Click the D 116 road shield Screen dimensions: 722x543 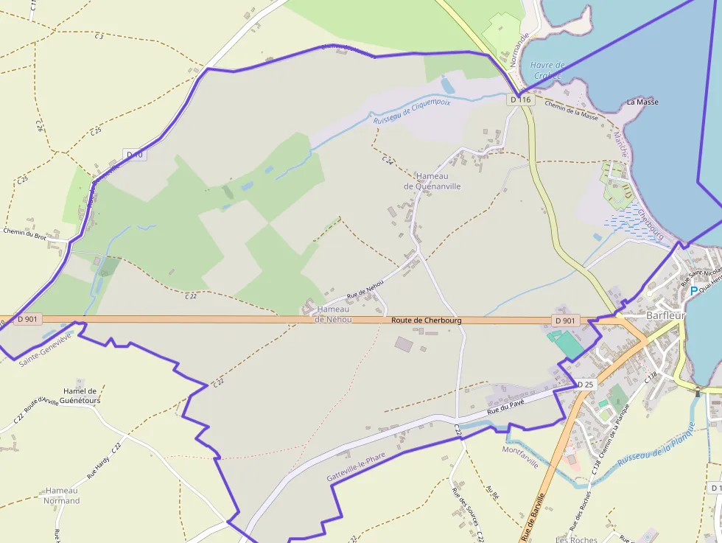pyautogui.click(x=520, y=99)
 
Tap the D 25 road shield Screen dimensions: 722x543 pyautogui.click(x=586, y=385)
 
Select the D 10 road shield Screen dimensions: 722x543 pyautogui.click(x=135, y=155)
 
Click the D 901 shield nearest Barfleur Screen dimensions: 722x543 pyautogui.click(x=565, y=320)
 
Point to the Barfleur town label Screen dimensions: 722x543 pyautogui.click(x=665, y=315)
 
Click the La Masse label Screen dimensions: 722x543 pyautogui.click(x=642, y=102)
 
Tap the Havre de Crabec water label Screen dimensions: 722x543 pyautogui.click(x=547, y=70)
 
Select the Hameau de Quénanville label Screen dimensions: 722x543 pyautogui.click(x=432, y=181)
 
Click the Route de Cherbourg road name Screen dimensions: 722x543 pyautogui.click(x=427, y=320)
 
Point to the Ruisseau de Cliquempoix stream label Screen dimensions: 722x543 pyautogui.click(x=412, y=111)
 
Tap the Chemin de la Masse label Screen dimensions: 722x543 pyautogui.click(x=571, y=110)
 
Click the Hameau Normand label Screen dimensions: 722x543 pyautogui.click(x=62, y=495)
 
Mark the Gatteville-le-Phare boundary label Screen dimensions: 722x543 pyautogui.click(x=356, y=467)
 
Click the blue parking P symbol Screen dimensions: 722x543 pyautogui.click(x=693, y=291)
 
